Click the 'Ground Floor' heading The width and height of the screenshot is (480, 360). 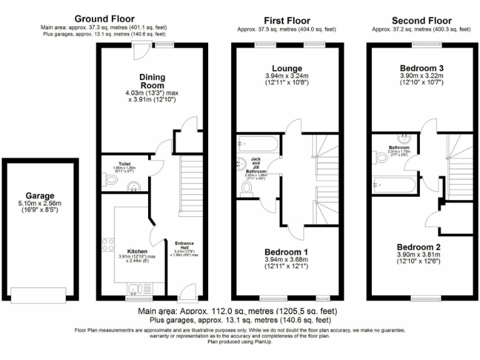coord(104,19)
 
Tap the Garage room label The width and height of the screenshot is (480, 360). coord(40,195)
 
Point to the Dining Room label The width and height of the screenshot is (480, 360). coord(152,81)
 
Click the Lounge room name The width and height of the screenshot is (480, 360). coord(287,68)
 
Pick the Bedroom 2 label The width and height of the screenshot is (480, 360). coord(419,246)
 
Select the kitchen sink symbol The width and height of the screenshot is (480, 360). coord(134,287)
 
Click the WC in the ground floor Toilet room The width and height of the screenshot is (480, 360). coord(111,180)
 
